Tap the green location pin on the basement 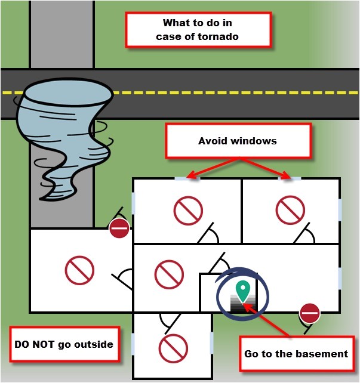point(242,289)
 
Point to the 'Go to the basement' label point(296,354)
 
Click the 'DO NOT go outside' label point(63,344)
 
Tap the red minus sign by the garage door point(119,228)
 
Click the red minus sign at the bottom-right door point(309,313)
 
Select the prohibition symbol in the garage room point(80,270)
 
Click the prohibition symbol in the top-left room point(188,211)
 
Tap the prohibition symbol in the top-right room point(291,211)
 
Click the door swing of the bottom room point(170,322)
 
